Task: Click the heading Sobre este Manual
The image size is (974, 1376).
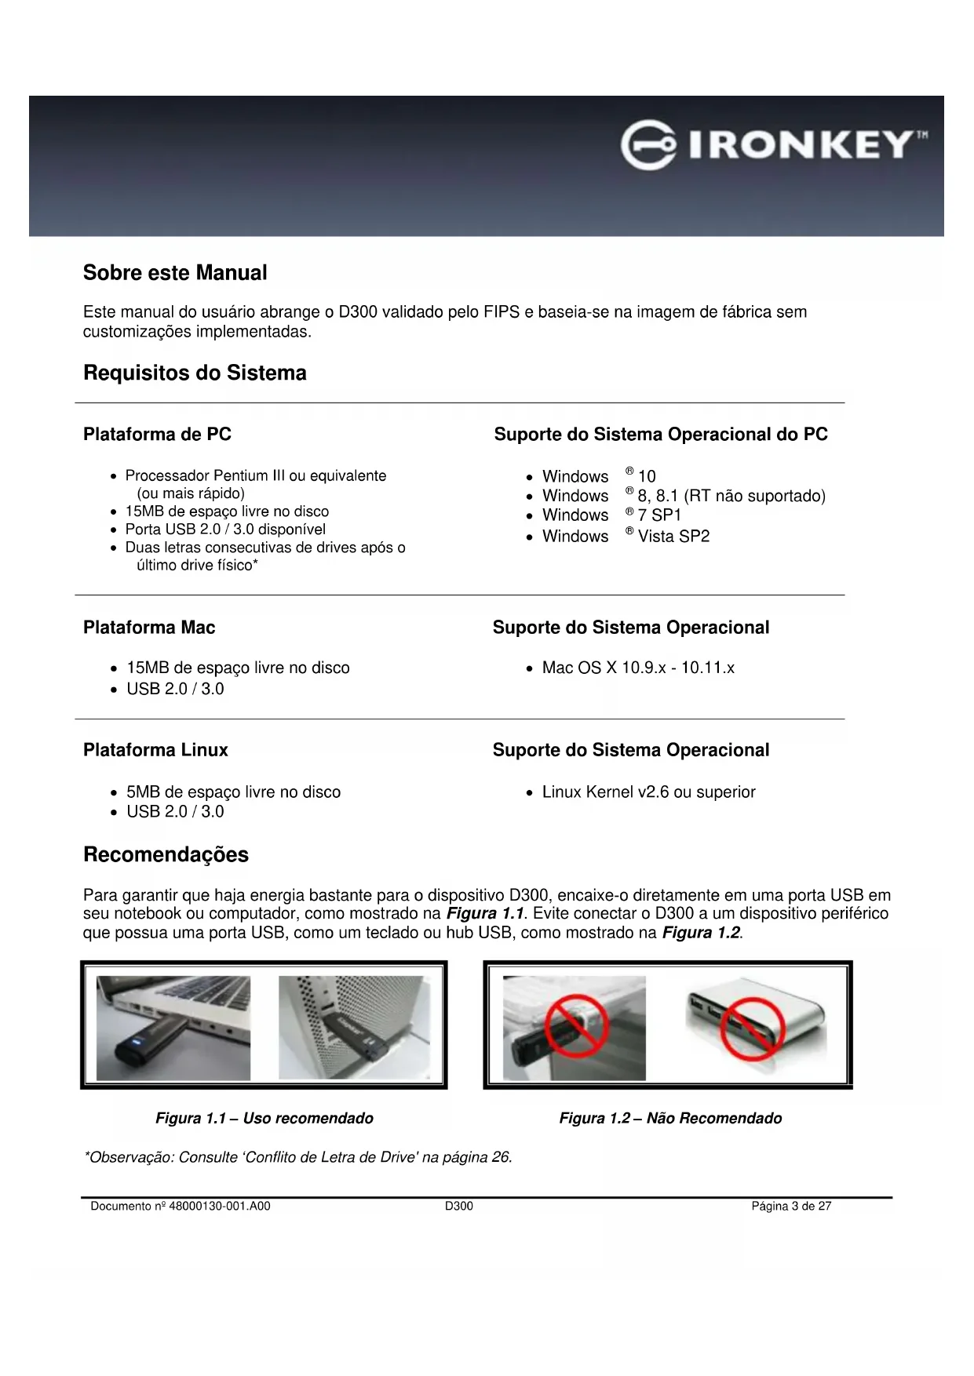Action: (x=175, y=273)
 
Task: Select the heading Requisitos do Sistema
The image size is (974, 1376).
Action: (x=195, y=373)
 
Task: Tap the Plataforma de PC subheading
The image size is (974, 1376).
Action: (x=157, y=435)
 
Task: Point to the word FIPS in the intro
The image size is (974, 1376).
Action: (x=501, y=312)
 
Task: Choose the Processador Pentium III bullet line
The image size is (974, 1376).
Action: (x=256, y=476)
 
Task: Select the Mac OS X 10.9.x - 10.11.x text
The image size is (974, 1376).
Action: (x=638, y=668)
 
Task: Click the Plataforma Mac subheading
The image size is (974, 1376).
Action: (x=149, y=628)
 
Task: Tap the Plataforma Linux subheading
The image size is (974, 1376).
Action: (x=155, y=750)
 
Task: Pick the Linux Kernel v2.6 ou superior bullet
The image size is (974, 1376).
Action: (x=648, y=792)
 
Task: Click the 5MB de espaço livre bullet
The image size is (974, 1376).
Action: (x=233, y=792)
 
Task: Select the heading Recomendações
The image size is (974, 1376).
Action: (x=166, y=855)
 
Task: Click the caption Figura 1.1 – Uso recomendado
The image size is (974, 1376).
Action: (x=264, y=1119)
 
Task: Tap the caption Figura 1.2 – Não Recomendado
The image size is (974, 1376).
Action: (x=670, y=1119)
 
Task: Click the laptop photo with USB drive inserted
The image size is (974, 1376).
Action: (x=173, y=1028)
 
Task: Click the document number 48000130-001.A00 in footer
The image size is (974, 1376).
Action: (x=181, y=1207)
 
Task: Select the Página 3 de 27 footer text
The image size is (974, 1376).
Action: (x=791, y=1207)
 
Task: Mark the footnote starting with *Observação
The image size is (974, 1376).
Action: (x=298, y=1158)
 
